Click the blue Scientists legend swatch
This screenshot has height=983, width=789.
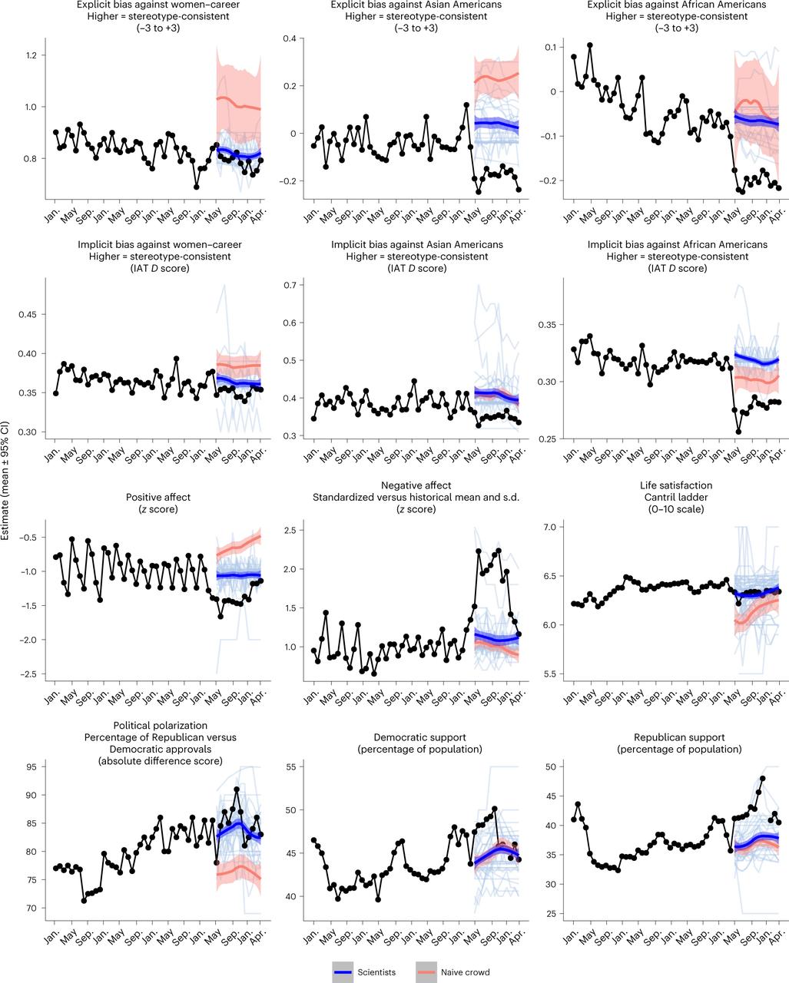pos(343,972)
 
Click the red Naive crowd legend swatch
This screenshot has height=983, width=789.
pos(426,972)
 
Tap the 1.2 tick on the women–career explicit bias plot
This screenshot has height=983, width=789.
pos(31,55)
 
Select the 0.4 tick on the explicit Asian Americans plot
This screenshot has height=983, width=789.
pos(290,38)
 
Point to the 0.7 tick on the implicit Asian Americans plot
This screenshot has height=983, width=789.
pos(290,285)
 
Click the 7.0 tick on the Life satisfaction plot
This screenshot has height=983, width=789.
pos(550,527)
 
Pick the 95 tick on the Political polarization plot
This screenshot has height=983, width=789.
pos(31,767)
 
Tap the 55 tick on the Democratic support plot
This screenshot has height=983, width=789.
pos(290,767)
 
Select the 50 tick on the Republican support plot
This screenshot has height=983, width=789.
pos(551,767)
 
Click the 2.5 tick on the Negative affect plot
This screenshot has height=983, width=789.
pos(290,531)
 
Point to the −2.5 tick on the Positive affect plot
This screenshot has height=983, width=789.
pos(28,674)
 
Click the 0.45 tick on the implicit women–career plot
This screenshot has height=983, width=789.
pos(28,315)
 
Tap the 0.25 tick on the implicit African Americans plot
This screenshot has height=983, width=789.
pos(548,439)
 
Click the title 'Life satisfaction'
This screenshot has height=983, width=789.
pos(676,485)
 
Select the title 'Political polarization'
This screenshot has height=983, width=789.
pos(161,726)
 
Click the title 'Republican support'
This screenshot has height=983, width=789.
pos(679,737)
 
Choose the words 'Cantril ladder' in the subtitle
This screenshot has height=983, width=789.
pos(676,497)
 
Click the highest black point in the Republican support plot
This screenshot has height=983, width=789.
pos(762,779)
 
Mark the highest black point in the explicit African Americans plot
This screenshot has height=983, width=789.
pos(590,45)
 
